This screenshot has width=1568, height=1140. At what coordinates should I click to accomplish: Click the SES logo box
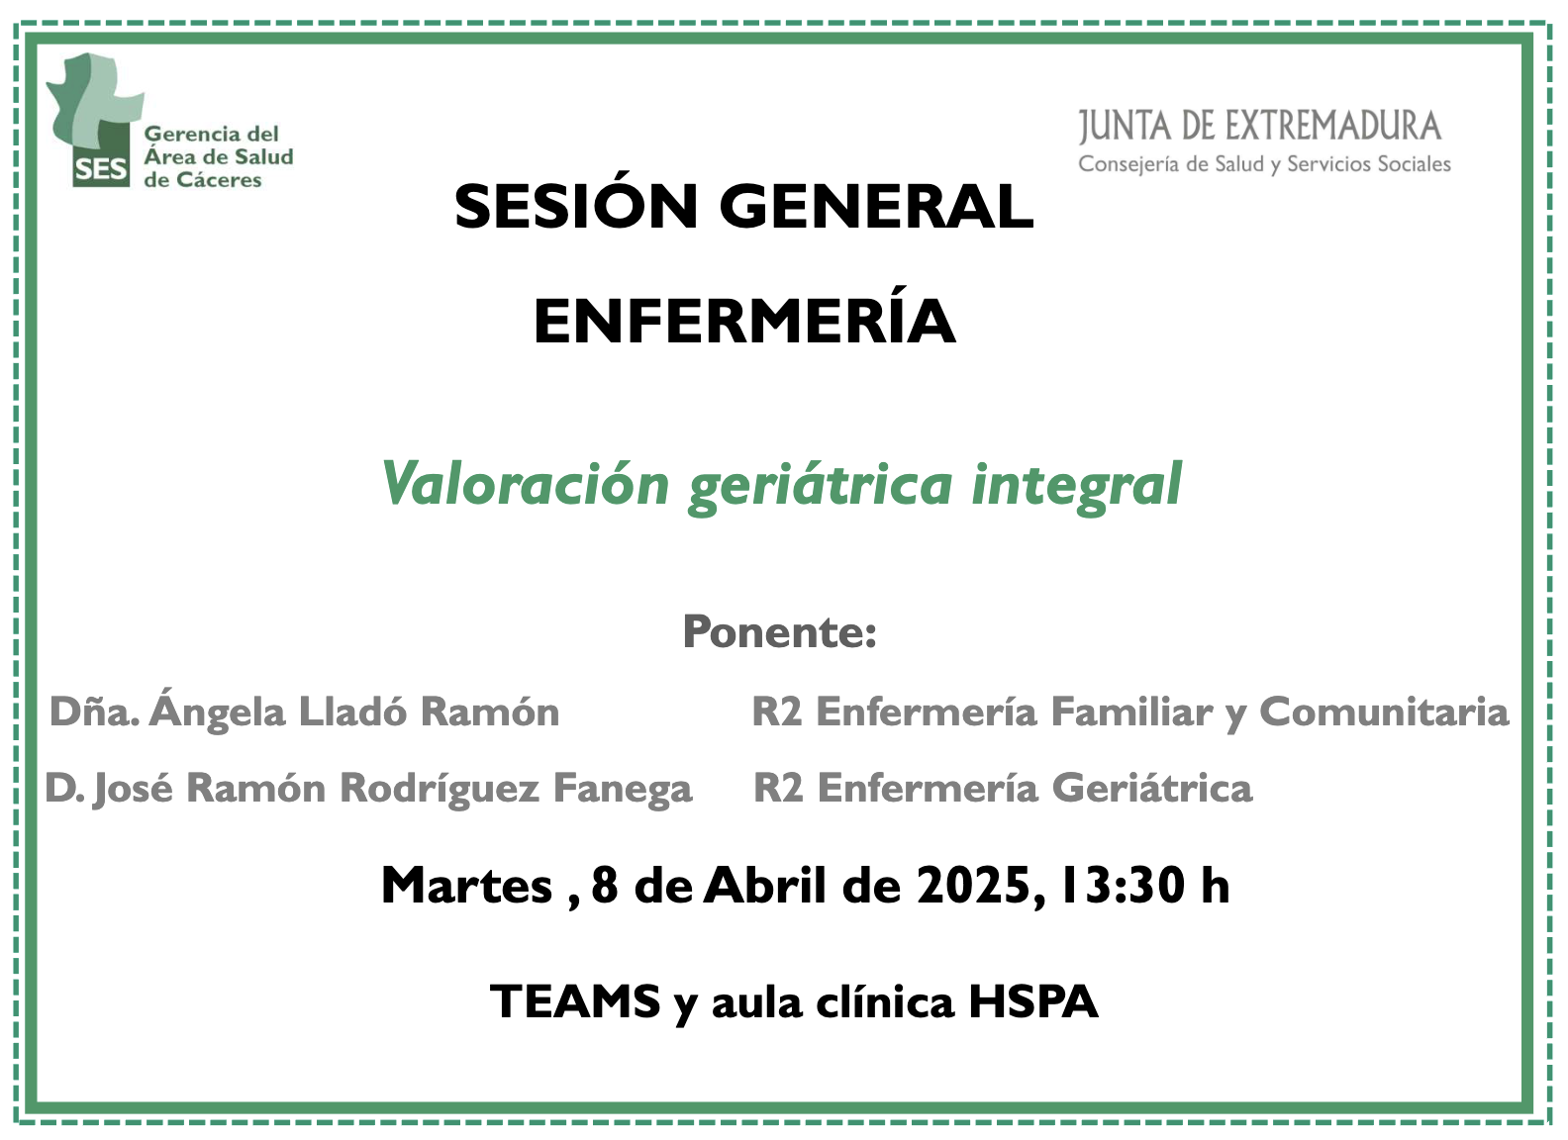pos(101,166)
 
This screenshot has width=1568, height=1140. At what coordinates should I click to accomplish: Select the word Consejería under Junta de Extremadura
pos(1132,163)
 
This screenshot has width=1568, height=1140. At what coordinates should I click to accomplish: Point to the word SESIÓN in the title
pos(576,206)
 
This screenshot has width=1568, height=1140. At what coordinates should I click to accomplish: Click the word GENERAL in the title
pos(876,207)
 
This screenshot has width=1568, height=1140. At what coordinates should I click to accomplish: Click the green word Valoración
pos(525,484)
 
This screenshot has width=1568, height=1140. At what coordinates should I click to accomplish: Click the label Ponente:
pos(779,631)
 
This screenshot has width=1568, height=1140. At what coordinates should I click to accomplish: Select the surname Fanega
pos(623,789)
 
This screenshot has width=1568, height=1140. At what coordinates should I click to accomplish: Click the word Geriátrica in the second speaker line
pos(1152,788)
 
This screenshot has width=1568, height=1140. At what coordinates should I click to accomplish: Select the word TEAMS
pos(575,1001)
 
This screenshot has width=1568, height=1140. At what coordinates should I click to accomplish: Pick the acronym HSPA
pos(1032,1001)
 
